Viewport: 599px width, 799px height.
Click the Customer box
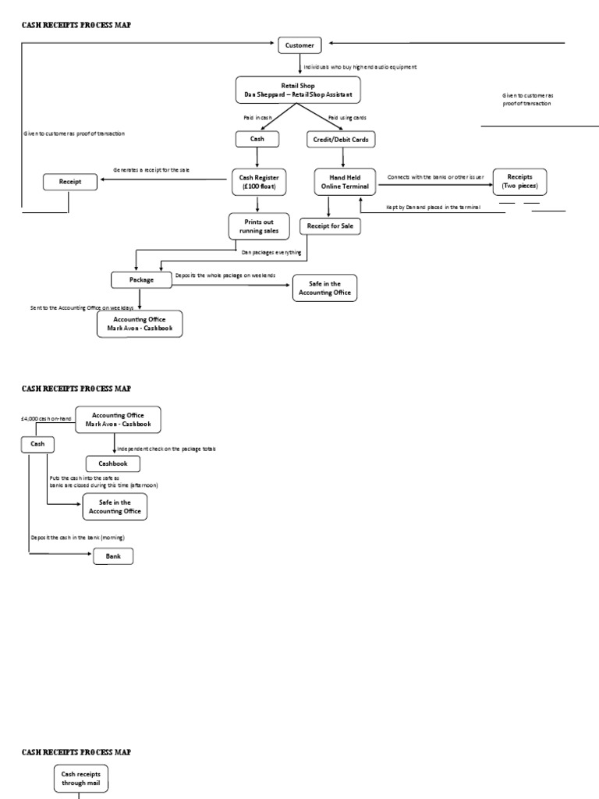(299, 45)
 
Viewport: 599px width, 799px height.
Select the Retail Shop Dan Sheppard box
(299, 90)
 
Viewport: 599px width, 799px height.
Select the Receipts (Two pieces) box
(519, 182)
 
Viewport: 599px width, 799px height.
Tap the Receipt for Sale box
(331, 226)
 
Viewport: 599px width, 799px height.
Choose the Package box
(141, 279)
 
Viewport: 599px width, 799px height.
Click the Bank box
(113, 556)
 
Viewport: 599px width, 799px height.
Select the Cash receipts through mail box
(81, 778)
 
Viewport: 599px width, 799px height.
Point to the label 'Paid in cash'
(259, 118)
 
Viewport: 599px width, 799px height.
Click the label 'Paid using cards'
(347, 118)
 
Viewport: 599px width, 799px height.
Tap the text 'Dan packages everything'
(271, 252)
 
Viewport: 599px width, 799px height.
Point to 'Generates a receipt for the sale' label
(151, 170)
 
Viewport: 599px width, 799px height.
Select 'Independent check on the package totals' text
(166, 449)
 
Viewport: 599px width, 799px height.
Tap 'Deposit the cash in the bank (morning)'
(78, 538)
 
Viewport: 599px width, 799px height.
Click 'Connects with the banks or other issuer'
(435, 177)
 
